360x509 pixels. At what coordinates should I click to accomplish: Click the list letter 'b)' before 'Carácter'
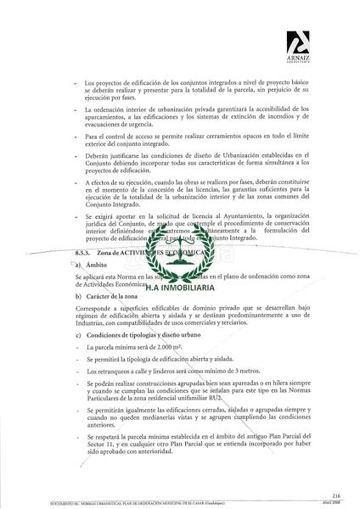78,296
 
